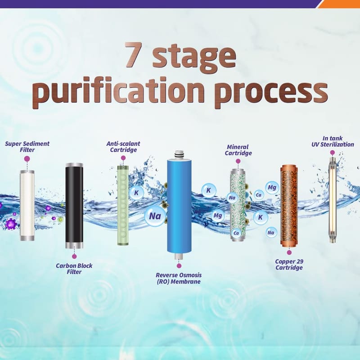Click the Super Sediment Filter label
(x=27, y=147)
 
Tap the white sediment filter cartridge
(x=27, y=206)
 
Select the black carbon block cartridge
(x=74, y=206)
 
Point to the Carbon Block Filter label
(x=74, y=269)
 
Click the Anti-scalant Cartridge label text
(x=123, y=147)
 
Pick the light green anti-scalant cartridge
(x=123, y=205)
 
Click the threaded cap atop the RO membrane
(x=179, y=154)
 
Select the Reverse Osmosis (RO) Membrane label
(x=179, y=278)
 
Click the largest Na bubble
(x=155, y=216)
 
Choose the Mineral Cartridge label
(x=238, y=150)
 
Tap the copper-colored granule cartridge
(x=289, y=206)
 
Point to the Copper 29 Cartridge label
(x=289, y=265)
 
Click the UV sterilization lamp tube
(x=332, y=200)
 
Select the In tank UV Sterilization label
(x=333, y=141)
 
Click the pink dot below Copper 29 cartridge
(x=289, y=252)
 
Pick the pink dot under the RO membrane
(x=179, y=265)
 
